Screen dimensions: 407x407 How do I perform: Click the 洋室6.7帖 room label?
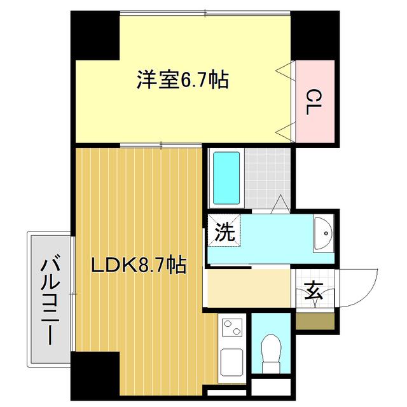click(183, 79)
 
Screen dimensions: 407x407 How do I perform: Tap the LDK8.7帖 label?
click(139, 265)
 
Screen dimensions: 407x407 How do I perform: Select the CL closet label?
click(314, 102)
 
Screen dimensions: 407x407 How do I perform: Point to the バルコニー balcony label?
click(50, 300)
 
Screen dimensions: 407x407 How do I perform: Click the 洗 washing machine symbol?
click(224, 231)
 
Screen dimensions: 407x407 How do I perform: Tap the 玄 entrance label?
click(314, 291)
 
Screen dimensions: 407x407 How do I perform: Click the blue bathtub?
click(226, 178)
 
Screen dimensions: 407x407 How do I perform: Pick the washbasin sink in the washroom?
click(323, 233)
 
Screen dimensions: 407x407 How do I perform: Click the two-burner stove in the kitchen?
click(233, 327)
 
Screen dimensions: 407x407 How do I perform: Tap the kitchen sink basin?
click(231, 362)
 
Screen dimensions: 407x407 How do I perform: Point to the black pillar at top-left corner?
click(95, 36)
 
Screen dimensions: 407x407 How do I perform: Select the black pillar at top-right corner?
click(315, 36)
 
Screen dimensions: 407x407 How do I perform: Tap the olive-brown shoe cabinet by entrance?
click(315, 321)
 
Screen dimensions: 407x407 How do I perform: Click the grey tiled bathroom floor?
click(267, 178)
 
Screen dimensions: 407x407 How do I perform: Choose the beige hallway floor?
click(249, 288)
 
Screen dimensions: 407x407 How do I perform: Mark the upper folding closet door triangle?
click(286, 70)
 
